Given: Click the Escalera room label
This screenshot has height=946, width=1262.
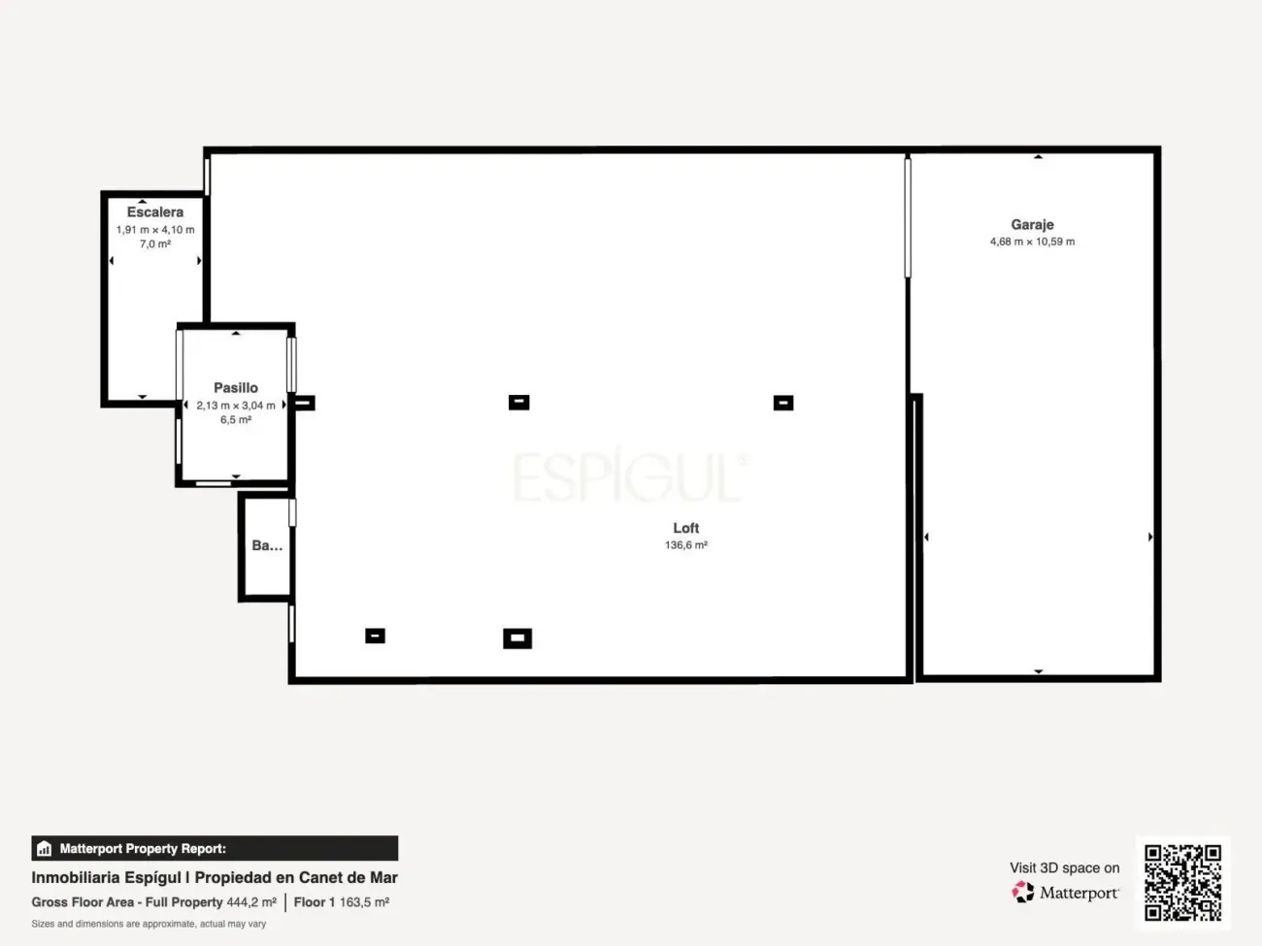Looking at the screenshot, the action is [155, 212].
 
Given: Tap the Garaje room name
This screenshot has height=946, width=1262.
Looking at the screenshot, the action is [1032, 224].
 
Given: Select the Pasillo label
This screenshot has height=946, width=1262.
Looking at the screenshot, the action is [236, 388].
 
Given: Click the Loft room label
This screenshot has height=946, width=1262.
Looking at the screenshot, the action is [686, 528].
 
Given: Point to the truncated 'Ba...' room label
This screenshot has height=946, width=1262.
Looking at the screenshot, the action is [267, 545].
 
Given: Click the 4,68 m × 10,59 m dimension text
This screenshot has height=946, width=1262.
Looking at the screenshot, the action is [1032, 242].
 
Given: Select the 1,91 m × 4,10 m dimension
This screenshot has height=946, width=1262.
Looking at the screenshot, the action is [155, 230].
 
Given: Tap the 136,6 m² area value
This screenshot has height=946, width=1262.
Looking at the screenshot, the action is [686, 545].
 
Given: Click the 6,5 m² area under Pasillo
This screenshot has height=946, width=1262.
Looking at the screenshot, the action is [236, 420].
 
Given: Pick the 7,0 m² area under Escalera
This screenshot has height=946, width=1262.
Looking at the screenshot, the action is [155, 245].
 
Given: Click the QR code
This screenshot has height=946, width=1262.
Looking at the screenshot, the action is [1182, 882].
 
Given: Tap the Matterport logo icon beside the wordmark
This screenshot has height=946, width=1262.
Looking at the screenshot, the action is [1023, 892].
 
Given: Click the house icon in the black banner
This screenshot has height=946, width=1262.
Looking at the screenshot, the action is [45, 848].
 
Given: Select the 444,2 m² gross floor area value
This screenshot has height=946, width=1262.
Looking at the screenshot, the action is [251, 902].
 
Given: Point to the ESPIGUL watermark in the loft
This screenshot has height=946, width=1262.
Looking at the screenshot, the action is [630, 476].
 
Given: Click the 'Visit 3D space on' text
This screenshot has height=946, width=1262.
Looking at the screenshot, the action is [1065, 867].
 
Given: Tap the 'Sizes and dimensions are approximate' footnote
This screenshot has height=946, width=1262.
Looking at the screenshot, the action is [149, 924].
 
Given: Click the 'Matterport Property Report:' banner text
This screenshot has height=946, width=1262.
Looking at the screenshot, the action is [143, 848].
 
